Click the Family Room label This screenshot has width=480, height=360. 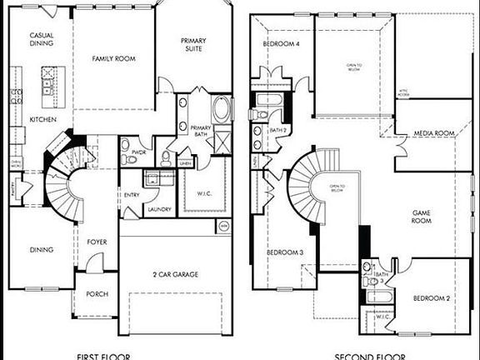(x=113, y=58)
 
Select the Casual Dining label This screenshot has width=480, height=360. (x=42, y=40)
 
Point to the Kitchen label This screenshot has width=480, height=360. (x=42, y=120)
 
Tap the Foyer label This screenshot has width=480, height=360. (x=97, y=242)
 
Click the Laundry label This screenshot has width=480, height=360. (x=159, y=208)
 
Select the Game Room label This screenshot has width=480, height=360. (x=422, y=217)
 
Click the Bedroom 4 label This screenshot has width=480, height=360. (x=282, y=44)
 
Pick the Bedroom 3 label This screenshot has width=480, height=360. (x=284, y=252)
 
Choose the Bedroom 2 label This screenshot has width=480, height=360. (x=432, y=297)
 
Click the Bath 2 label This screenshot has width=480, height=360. (x=278, y=131)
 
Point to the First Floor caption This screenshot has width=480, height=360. (x=103, y=356)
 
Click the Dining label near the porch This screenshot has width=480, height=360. (x=42, y=249)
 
